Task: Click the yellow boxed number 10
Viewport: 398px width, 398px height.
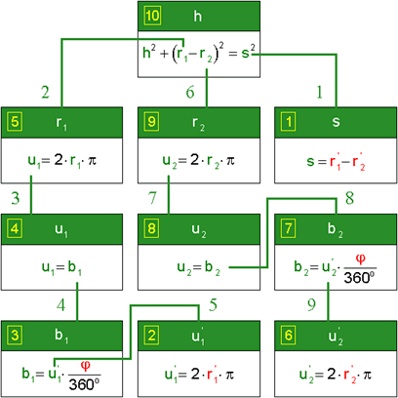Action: [x=152, y=16]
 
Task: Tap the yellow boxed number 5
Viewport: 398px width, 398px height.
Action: [x=15, y=122]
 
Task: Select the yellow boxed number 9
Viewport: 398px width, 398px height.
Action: [x=151, y=122]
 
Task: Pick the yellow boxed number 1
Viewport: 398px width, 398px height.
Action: [x=289, y=122]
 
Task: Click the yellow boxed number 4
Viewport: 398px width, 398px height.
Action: [x=15, y=229]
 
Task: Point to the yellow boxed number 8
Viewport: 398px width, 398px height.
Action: [x=151, y=229]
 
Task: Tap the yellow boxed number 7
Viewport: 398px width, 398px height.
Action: [x=289, y=229]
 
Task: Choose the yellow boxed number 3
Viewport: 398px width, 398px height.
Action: [x=15, y=336]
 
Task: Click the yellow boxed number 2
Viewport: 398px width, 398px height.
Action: [x=151, y=336]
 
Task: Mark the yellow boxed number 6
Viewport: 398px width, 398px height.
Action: [x=289, y=336]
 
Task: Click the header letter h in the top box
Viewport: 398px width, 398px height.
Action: [x=198, y=16]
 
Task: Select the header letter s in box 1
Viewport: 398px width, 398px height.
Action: [x=336, y=122]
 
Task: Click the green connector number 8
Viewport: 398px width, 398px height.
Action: [x=349, y=198]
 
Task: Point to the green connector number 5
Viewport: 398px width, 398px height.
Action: [x=213, y=304]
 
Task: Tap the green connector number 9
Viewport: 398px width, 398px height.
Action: [x=311, y=304]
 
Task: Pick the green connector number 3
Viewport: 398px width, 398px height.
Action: [x=16, y=198]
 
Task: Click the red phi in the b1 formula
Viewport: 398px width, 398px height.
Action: [x=86, y=366]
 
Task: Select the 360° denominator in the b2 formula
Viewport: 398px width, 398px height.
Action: [x=359, y=277]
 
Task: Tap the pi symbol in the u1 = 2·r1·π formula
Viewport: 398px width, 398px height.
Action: [x=93, y=160]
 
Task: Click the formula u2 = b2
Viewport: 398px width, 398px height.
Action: [x=198, y=268]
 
